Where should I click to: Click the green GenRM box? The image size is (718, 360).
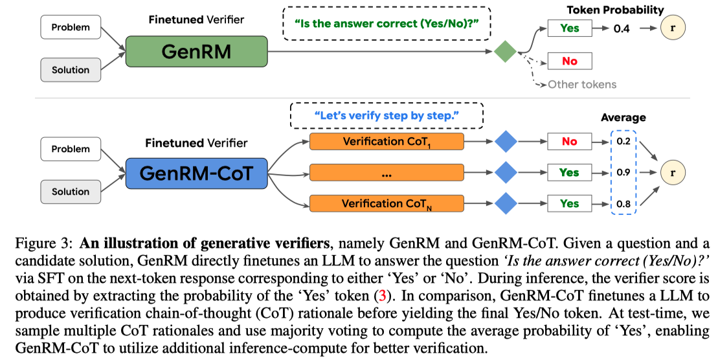point(196,51)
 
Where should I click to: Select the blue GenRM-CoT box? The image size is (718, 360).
point(196,173)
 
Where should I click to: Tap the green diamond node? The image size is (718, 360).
point(504,51)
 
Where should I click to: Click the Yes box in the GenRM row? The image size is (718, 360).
point(569,28)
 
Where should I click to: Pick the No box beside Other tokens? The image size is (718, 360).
point(569,62)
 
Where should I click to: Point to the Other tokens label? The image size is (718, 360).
point(582,84)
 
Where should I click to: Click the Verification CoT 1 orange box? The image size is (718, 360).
point(387,141)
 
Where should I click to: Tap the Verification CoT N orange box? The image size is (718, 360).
point(387,203)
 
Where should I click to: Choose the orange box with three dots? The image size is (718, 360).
point(387,172)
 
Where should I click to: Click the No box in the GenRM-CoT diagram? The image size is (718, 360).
point(569,141)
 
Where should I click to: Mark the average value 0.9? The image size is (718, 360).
point(623,172)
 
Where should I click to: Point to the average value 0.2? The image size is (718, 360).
point(623,141)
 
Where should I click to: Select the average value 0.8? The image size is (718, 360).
point(623,203)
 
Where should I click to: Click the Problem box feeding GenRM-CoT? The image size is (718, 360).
point(70,149)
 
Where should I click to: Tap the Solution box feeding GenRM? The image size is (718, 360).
point(70,70)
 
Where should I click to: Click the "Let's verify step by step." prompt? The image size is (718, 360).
point(387,115)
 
